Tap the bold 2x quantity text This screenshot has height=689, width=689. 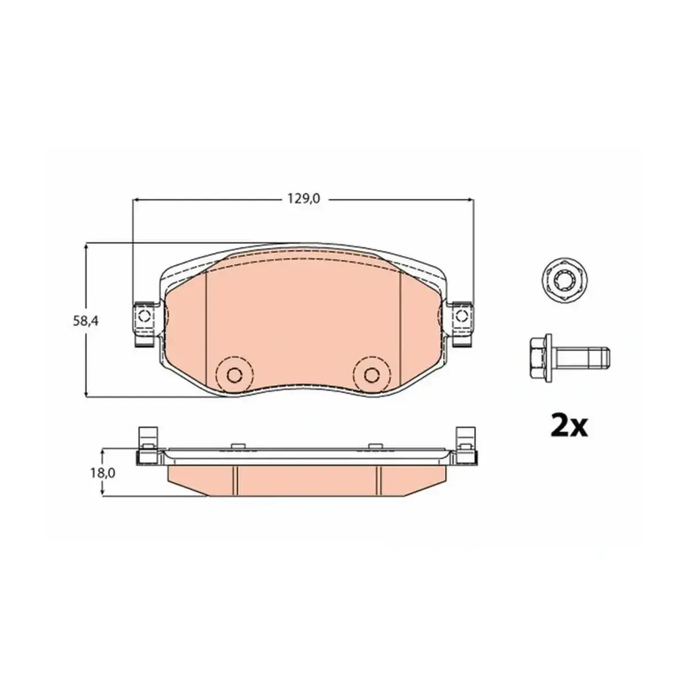click(569, 425)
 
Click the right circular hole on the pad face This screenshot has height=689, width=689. click(372, 375)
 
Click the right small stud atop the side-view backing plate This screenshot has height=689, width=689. click(375, 446)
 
